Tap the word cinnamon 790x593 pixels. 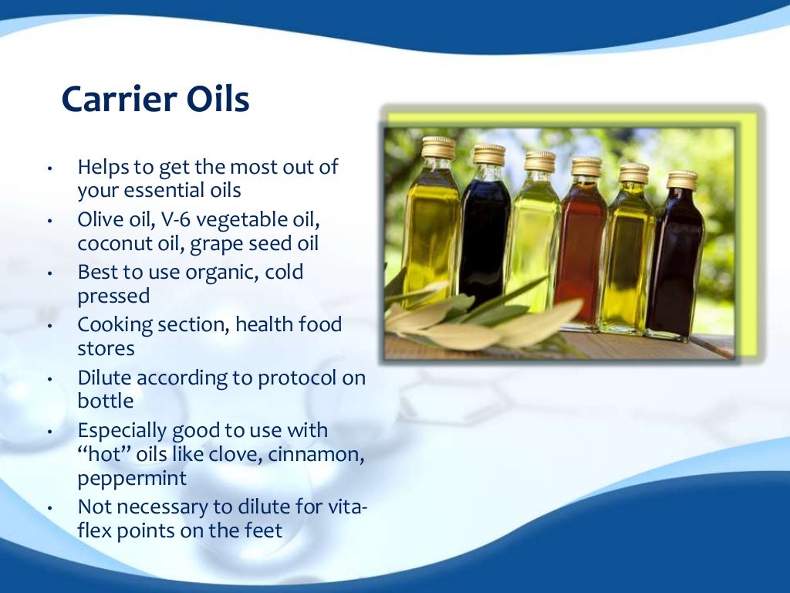[318, 454]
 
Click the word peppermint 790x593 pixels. [132, 478]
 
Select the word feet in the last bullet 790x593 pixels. [261, 531]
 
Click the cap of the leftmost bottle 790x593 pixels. [438, 147]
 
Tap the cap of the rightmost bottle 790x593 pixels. [682, 179]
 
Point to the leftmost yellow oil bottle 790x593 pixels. [432, 232]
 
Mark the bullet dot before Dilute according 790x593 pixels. [49, 379]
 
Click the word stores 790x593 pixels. [106, 348]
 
